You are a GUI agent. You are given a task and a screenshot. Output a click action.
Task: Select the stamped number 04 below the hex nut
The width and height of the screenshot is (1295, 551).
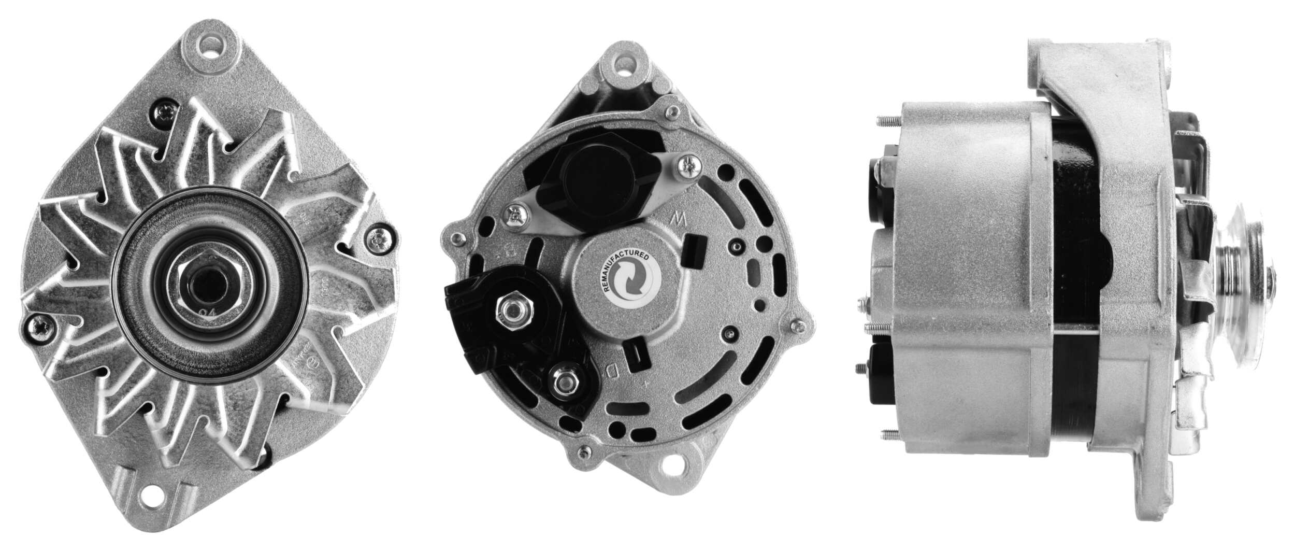click(209, 313)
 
